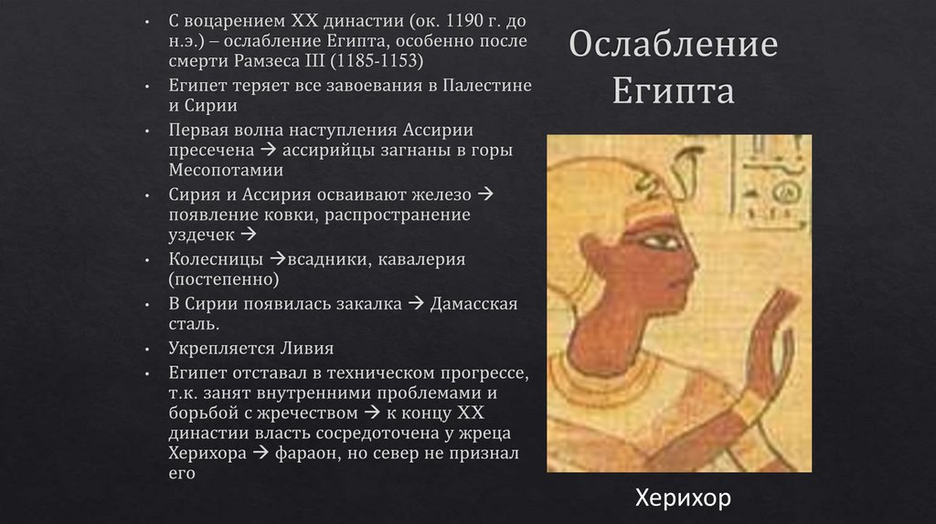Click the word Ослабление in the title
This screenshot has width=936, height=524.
pos(674,47)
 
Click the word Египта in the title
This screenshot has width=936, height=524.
pos(674,91)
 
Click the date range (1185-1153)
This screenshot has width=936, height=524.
pos(379,61)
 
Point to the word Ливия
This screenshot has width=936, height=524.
pos(306,348)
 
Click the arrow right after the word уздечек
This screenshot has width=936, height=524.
pos(250,236)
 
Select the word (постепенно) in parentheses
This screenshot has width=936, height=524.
pos(223,279)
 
